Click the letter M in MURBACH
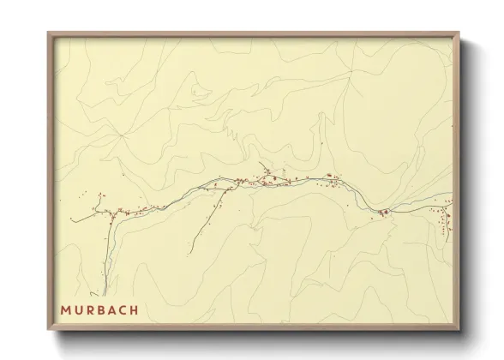pyautogui.click(x=65, y=309)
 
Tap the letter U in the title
pyautogui.click(x=78, y=309)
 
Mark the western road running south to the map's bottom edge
pyautogui.click(x=105, y=257)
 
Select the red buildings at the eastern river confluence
pyautogui.click(x=385, y=212)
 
